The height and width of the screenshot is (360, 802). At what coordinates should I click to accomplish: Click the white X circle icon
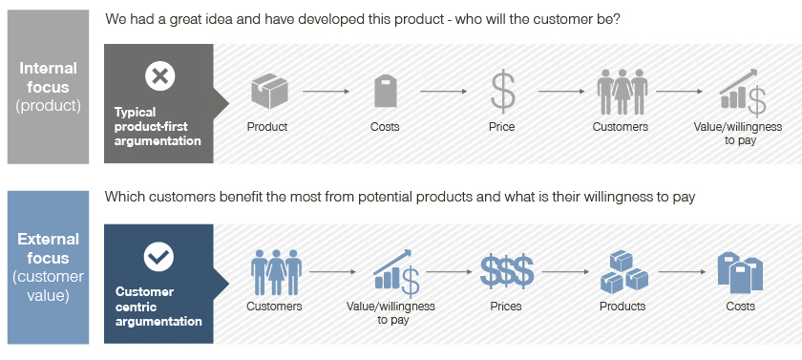(160, 76)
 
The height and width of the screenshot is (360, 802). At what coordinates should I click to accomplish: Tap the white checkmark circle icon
(159, 257)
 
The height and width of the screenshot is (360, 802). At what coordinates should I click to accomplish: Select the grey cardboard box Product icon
(269, 91)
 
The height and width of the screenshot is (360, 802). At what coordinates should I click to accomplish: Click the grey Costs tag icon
(385, 91)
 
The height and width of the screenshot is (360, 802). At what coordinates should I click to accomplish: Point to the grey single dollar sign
(503, 91)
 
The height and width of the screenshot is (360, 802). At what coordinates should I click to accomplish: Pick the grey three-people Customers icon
(622, 92)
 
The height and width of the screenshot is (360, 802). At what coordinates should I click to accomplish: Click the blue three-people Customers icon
(276, 271)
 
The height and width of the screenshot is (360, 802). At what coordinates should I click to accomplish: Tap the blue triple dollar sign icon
(506, 270)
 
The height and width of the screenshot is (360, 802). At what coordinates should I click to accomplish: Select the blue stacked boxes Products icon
(624, 271)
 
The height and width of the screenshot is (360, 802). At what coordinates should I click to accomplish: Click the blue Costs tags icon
(740, 272)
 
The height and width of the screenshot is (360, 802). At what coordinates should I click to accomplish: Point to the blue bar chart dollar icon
(397, 273)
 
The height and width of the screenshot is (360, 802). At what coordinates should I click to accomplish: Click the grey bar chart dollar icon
(743, 93)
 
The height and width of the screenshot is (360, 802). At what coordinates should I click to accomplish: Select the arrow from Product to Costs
(326, 92)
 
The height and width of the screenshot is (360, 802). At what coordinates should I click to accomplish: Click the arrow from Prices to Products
(565, 271)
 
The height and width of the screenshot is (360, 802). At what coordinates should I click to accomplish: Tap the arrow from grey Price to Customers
(561, 92)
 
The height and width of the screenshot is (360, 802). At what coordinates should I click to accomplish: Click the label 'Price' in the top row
(502, 127)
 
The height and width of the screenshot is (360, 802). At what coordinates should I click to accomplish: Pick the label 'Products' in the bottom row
(623, 307)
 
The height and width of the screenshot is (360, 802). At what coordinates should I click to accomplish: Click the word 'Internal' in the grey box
(48, 69)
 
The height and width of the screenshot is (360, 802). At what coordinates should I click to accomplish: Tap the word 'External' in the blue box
(48, 240)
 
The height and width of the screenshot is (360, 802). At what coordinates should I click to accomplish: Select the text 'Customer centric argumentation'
(158, 307)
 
